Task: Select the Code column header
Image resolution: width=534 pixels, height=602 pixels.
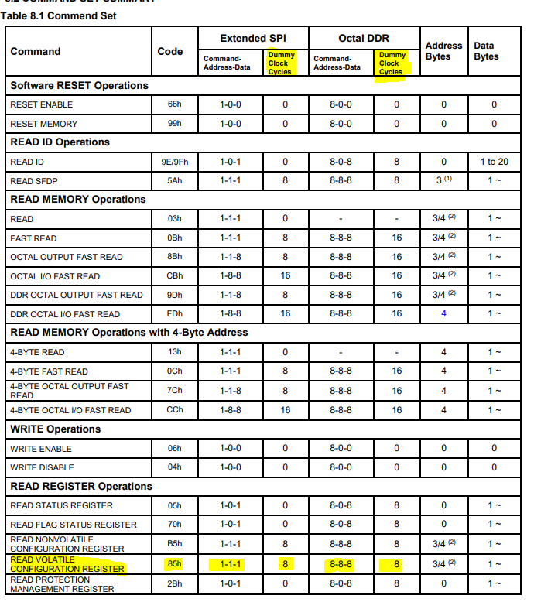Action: pyautogui.click(x=170, y=51)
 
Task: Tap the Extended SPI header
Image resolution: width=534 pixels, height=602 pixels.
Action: pyautogui.click(x=252, y=38)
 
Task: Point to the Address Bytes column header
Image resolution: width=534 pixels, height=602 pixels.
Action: pyautogui.click(x=443, y=51)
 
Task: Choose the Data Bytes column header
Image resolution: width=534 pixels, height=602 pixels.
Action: pyautogui.click(x=486, y=51)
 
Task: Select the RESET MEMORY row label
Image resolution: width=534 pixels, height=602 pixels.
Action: pyautogui.click(x=43, y=124)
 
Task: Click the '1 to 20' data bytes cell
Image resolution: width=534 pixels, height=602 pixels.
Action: pyautogui.click(x=494, y=162)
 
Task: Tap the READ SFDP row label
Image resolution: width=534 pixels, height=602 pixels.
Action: pyautogui.click(x=34, y=181)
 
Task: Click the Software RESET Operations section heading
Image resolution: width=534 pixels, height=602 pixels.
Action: pyautogui.click(x=79, y=85)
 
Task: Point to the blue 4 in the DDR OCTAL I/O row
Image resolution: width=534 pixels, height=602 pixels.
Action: pyautogui.click(x=443, y=314)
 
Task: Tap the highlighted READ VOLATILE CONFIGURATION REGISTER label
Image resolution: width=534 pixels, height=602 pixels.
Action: pyautogui.click(x=67, y=564)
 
